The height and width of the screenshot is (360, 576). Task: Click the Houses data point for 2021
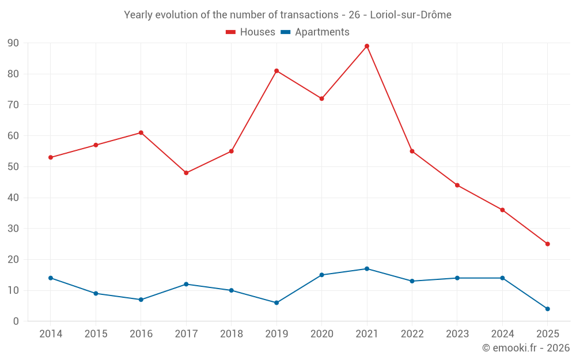[367, 46]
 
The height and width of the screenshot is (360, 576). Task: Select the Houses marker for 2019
[276, 71]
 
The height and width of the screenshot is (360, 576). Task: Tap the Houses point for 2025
[547, 244]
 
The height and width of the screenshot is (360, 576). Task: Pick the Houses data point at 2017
[186, 173]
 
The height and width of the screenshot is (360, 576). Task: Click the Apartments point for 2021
[367, 269]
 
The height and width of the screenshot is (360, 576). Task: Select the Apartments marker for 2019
[276, 302]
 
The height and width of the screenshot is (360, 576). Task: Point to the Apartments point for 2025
[547, 309]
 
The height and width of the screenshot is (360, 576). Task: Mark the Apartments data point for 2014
[51, 278]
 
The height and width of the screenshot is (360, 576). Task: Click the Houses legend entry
[251, 32]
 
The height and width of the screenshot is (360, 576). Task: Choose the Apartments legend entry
[315, 32]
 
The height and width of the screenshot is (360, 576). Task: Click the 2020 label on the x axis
[321, 334]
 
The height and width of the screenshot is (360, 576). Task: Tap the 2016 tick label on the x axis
[141, 334]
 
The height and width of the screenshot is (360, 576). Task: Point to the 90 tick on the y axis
[13, 43]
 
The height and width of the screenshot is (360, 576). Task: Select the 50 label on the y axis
[13, 167]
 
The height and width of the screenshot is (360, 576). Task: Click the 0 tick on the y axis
[16, 321]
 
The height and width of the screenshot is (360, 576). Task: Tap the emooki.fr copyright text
[526, 348]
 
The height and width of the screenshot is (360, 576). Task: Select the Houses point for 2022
[412, 151]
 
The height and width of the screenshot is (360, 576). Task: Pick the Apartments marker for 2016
[141, 300]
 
